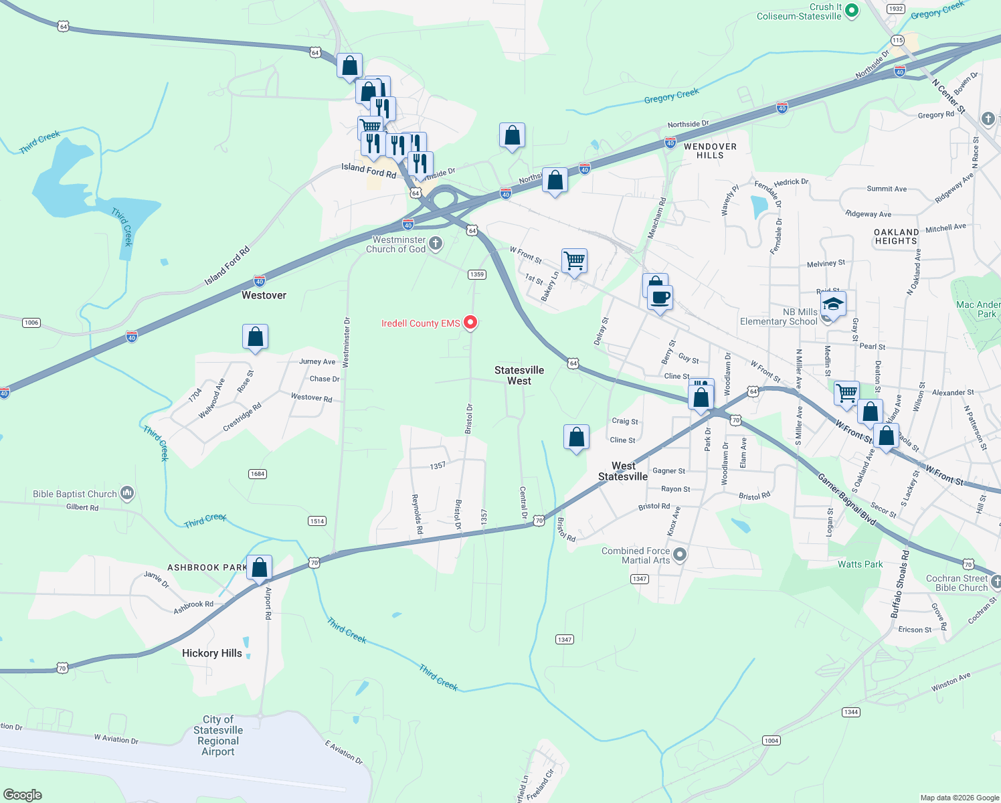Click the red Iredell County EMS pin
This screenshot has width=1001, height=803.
click(470, 323)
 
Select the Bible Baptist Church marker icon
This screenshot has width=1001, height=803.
click(127, 494)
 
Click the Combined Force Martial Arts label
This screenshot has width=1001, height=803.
click(636, 555)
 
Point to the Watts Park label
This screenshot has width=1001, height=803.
click(860, 564)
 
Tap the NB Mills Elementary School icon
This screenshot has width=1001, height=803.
click(832, 305)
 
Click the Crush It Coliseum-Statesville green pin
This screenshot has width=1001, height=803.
click(852, 10)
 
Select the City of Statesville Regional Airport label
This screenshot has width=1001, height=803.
click(218, 735)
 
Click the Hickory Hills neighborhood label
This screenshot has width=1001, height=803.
click(212, 653)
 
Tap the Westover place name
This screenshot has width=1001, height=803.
click(264, 295)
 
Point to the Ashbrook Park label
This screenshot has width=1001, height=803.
click(207, 567)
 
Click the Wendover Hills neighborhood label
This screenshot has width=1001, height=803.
click(710, 151)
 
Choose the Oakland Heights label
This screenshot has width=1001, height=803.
click(896, 236)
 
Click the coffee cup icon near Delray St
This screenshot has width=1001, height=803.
click(660, 298)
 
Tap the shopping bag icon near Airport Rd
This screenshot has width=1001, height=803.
click(259, 567)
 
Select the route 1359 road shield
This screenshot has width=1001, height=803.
click(476, 274)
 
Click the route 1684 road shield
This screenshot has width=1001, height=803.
click(258, 474)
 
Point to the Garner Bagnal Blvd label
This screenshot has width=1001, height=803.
click(846, 499)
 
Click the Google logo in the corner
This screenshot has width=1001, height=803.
click(23, 795)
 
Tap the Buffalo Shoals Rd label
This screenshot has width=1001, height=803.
click(899, 584)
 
